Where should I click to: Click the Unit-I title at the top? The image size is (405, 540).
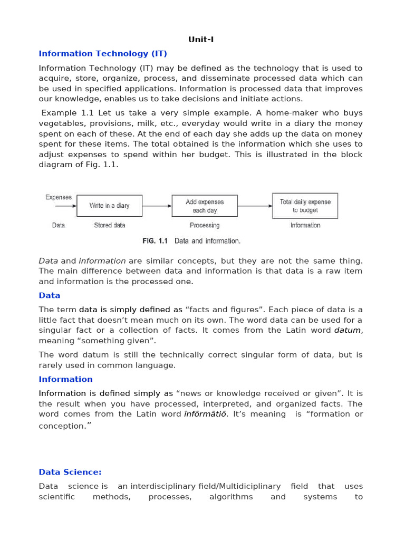pyautogui.click(x=201, y=40)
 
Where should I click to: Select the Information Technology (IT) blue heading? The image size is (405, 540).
pyautogui.click(x=103, y=54)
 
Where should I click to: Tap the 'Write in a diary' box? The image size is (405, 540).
pyautogui.click(x=109, y=206)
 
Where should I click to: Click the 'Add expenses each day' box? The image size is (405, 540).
pyautogui.click(x=205, y=206)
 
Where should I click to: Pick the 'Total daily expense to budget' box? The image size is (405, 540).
pyautogui.click(x=305, y=206)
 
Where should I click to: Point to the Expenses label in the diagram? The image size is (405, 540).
pyautogui.click(x=59, y=197)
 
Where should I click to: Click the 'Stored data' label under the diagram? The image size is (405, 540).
pyautogui.click(x=110, y=225)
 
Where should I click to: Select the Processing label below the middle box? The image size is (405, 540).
pyautogui.click(x=205, y=225)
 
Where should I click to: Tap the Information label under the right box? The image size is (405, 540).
pyautogui.click(x=305, y=225)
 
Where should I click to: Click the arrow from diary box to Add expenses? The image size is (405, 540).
pyautogui.click(x=157, y=206)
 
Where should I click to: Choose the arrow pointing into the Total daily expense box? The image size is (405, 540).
pyautogui.click(x=255, y=206)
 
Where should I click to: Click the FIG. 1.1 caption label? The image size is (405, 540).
pyautogui.click(x=155, y=241)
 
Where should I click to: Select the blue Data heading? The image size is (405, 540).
pyautogui.click(x=50, y=295)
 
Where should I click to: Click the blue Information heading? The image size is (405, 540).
pyautogui.click(x=65, y=379)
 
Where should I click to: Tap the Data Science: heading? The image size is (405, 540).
pyautogui.click(x=70, y=472)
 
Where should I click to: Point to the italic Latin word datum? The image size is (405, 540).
pyautogui.click(x=348, y=330)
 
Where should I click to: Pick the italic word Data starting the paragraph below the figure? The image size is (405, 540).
pyautogui.click(x=49, y=261)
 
